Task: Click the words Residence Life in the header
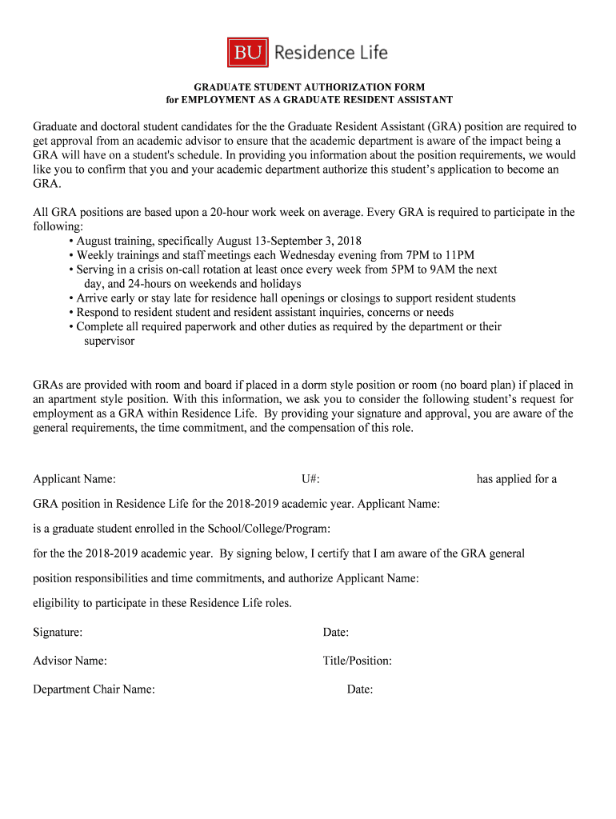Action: coord(331,54)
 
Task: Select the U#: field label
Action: coord(311,479)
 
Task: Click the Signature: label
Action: coord(58,633)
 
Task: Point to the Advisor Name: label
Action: coord(70,661)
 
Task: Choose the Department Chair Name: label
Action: coord(94,689)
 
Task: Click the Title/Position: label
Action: coord(358,661)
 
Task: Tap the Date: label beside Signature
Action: coord(336,633)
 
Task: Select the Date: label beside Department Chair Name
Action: coord(360,689)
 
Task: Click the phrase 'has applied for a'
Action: coord(517,479)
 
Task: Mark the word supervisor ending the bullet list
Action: coord(110,342)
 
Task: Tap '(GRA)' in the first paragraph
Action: coord(443,126)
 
